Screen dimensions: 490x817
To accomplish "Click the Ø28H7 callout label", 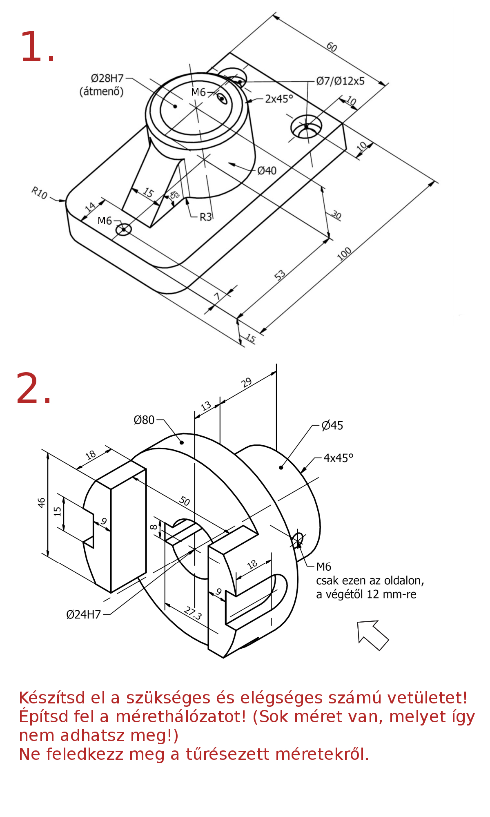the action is click(x=107, y=78).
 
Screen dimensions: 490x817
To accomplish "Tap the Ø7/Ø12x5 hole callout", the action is click(x=341, y=81).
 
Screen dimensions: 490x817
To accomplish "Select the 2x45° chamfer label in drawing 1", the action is click(x=279, y=99).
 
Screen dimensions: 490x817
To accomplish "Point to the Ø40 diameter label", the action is click(x=267, y=170).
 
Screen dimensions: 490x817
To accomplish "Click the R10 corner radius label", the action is click(x=40, y=192).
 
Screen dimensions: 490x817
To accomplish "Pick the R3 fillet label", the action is click(x=206, y=217).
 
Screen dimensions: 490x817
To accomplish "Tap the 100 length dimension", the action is click(x=344, y=254).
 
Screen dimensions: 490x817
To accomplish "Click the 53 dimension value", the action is click(x=280, y=275).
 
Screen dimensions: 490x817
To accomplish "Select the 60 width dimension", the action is click(x=332, y=47).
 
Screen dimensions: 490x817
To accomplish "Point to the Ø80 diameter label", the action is click(x=144, y=420).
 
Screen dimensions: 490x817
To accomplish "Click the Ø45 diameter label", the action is click(x=332, y=426).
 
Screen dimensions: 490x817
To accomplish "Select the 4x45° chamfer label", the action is click(x=339, y=458).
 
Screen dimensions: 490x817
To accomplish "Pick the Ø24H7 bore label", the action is click(x=84, y=614).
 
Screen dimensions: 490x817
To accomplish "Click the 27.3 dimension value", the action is click(x=193, y=613).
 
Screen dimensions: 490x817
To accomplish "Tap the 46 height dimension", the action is click(x=41, y=502).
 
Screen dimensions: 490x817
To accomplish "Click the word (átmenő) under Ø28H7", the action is click(x=101, y=91).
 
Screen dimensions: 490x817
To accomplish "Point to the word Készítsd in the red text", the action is click(x=52, y=698).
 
